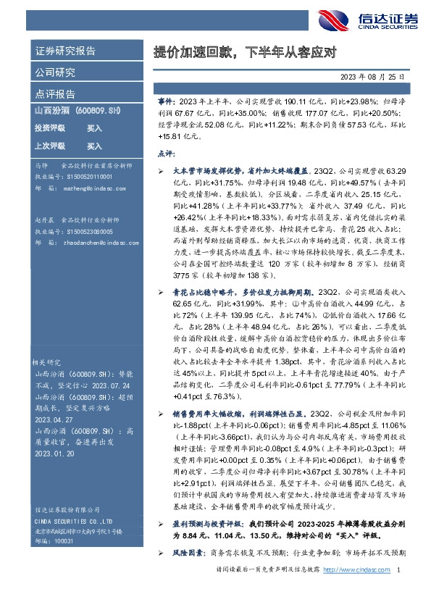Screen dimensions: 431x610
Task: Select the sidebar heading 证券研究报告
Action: tap(65, 51)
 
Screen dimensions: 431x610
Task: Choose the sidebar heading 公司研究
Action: tap(55, 72)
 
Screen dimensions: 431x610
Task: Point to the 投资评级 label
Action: tap(49, 128)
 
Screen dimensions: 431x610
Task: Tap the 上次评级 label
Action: tap(49, 146)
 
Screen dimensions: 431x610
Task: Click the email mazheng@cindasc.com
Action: tap(86, 187)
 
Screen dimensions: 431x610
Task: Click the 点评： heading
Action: tap(166, 154)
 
